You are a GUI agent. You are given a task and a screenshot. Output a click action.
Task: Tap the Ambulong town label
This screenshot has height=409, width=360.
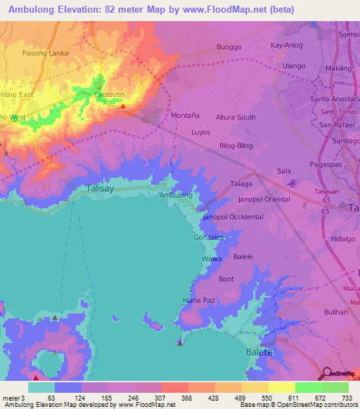pyautogui.click(x=176, y=195)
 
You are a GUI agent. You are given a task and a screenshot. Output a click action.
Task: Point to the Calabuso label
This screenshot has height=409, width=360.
pyautogui.click(x=109, y=93)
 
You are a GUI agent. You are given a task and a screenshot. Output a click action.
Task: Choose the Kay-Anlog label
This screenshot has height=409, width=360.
pyautogui.click(x=286, y=46)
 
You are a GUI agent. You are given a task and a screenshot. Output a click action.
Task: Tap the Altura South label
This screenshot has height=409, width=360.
pyautogui.click(x=236, y=117)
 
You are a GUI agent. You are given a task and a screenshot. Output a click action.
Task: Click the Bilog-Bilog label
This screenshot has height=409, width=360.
pyautogui.click(x=236, y=145)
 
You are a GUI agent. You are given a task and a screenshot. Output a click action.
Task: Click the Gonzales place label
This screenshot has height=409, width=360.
pyautogui.click(x=209, y=238)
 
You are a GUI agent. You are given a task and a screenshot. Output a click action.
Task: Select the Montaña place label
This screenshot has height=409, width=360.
pyautogui.click(x=186, y=115)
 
